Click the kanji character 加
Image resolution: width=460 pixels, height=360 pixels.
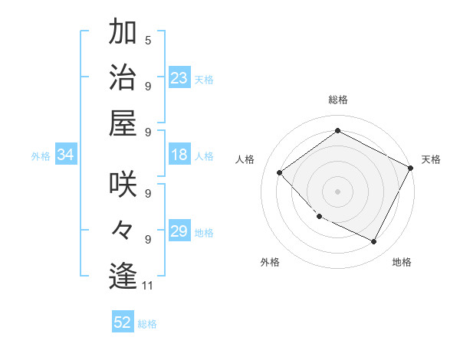[123, 34]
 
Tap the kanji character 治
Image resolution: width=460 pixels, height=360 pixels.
[123, 78]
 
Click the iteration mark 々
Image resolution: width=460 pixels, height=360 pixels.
[123, 230]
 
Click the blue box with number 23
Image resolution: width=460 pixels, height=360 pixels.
[179, 77]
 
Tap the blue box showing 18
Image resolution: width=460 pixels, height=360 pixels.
[179, 155]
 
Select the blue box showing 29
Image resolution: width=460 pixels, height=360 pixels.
[179, 231]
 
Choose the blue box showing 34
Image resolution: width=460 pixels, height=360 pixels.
[66, 155]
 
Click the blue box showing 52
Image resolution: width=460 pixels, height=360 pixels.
[123, 322]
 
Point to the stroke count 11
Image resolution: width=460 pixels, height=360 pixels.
[148, 286]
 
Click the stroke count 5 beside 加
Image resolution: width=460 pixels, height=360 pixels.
[148, 40]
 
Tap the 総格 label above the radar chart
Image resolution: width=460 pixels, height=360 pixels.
[337, 100]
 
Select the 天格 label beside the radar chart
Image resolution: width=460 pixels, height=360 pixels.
[431, 159]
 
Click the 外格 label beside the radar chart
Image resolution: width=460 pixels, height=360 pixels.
[270, 262]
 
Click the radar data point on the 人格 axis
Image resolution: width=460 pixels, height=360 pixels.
[280, 172]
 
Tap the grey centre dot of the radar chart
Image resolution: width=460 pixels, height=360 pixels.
[337, 191]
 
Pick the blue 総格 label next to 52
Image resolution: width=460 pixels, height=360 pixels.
[147, 324]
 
